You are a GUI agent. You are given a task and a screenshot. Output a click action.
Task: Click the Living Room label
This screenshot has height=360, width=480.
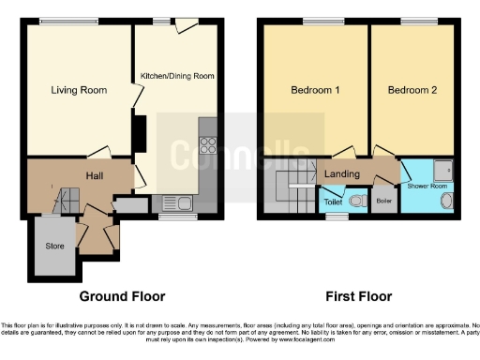pos(78,91)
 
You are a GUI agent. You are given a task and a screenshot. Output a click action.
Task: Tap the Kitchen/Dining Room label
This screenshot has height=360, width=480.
pos(179,75)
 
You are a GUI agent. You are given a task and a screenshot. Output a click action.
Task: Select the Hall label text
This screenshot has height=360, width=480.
pos(96,175)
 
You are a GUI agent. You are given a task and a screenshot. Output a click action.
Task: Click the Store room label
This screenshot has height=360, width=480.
pos(55,246)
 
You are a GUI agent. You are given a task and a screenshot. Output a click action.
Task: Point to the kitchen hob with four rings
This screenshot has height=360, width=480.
pos(207,146)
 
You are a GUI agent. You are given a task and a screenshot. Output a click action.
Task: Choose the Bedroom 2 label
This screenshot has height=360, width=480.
pos(413,91)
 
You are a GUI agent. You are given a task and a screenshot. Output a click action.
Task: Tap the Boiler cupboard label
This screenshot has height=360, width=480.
pos(383,201)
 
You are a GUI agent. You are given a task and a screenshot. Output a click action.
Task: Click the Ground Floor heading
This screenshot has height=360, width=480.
pos(122,296)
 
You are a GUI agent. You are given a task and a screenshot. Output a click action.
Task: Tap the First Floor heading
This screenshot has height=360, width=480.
pos(358,296)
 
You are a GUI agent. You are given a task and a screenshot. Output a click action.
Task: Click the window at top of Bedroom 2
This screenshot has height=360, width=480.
pos(413,22)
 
